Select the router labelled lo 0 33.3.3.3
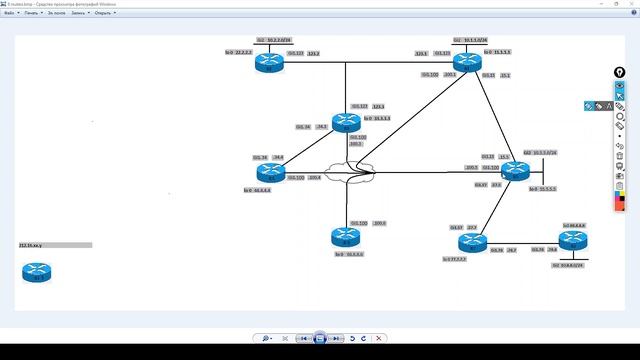[x=346, y=121]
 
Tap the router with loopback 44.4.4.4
[x=269, y=172]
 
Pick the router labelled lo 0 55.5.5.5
[x=514, y=171]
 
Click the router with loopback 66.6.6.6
[x=346, y=237]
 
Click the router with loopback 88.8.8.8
[x=573, y=240]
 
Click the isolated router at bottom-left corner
[x=37, y=271]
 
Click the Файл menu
[x=9, y=14]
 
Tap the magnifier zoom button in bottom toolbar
[x=267, y=339]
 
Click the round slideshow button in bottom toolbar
[x=320, y=339]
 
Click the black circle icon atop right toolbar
[x=619, y=72]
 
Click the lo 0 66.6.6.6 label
[x=350, y=254]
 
